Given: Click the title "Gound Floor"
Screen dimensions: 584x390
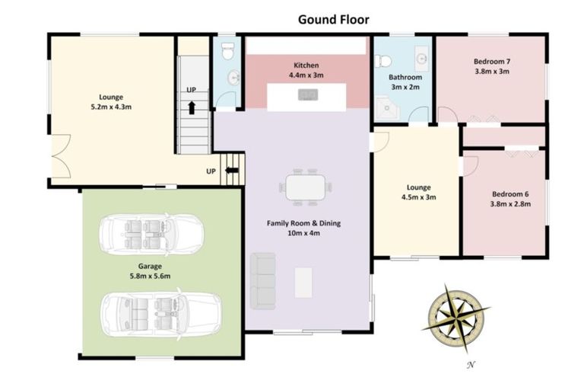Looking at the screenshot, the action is click(334, 19).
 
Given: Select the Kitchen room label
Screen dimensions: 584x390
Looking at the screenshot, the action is click(306, 66).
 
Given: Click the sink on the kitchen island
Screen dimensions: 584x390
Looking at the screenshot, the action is click(308, 94).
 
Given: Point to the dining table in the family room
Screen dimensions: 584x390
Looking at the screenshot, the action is click(306, 187).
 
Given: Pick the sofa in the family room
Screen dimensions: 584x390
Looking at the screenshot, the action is click(263, 281).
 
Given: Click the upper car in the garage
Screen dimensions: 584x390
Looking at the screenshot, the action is click(151, 235).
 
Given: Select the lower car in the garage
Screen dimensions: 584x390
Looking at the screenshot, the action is click(161, 315).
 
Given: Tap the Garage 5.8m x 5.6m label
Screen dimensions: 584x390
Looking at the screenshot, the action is click(150, 271).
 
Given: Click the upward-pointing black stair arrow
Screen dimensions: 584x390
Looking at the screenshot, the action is click(192, 107).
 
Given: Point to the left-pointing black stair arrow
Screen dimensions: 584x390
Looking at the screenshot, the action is click(232, 170).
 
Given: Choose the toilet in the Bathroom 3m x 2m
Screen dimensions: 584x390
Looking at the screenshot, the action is click(383, 60).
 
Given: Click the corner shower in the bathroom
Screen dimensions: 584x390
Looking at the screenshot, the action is click(387, 109).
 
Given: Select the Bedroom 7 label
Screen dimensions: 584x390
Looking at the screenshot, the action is click(492, 62).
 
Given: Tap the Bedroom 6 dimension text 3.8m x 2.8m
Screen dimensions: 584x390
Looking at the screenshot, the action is click(510, 204).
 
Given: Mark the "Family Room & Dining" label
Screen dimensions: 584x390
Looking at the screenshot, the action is click(303, 223).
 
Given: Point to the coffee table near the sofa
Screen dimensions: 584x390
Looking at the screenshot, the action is click(303, 283).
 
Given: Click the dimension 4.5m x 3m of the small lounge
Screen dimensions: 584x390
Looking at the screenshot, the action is click(419, 197).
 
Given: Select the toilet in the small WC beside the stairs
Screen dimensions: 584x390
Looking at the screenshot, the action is click(227, 51).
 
